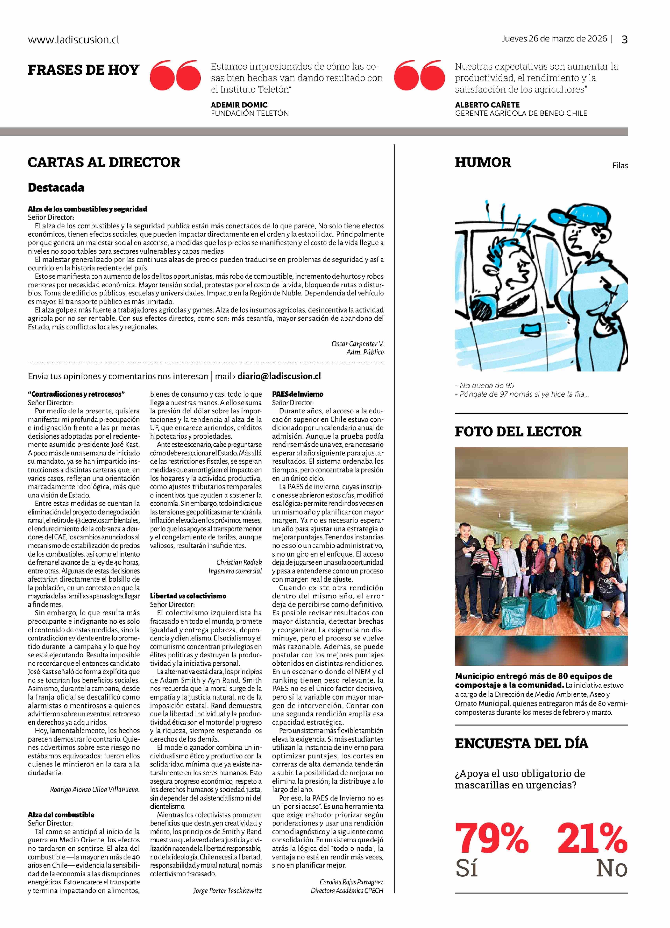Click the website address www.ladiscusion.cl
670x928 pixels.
point(74,40)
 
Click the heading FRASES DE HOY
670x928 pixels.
point(83,70)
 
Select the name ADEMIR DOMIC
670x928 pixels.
point(239,105)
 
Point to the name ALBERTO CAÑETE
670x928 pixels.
point(487,105)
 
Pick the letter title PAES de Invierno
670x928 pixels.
point(298,394)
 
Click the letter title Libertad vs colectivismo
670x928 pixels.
point(188,596)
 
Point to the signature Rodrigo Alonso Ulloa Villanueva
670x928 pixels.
point(94,790)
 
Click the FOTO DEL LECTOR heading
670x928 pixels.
point(518,431)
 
